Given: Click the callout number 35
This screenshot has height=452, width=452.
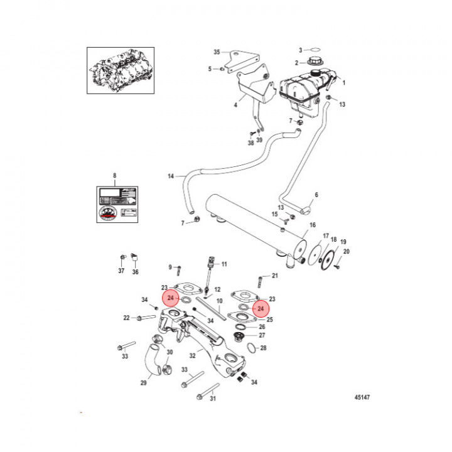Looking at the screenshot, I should pos(217,51).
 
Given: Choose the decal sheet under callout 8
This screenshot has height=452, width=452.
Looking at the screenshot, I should pos(117,204).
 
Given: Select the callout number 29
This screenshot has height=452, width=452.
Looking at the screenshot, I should pos(143,382).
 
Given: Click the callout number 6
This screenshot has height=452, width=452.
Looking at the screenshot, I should pos(316,195).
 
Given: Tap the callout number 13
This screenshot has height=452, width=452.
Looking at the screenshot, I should pos(342,104).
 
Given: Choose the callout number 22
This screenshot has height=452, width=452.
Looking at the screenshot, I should pos(126,318).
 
